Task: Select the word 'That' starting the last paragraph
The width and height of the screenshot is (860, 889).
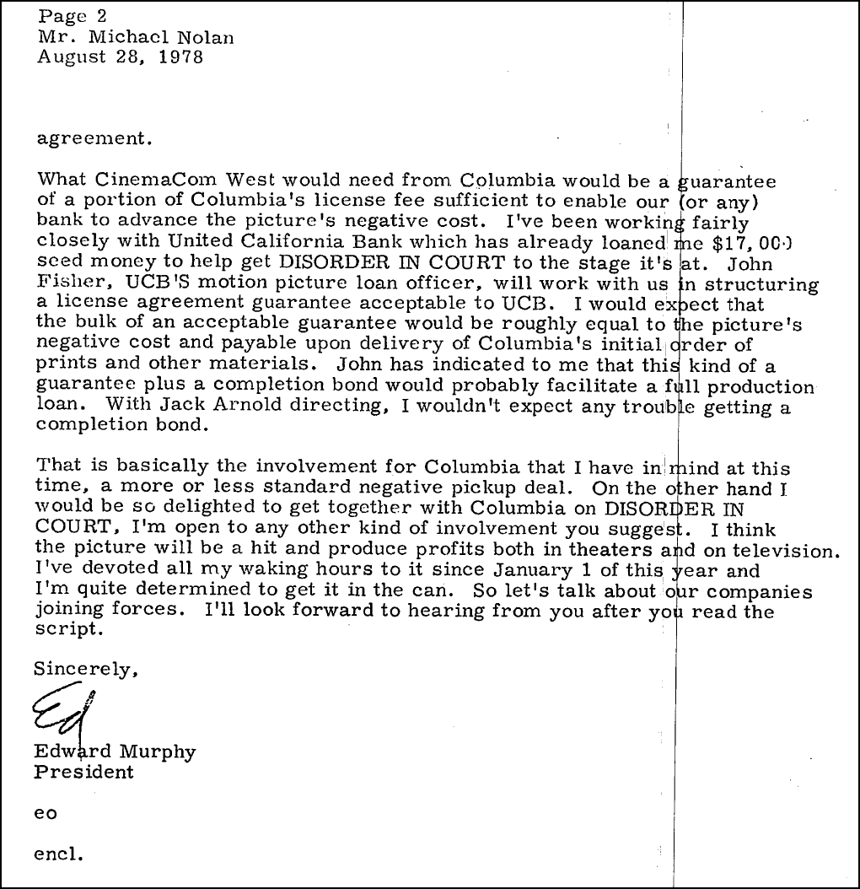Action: coord(57,467)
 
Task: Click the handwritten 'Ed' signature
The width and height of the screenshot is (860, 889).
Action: coord(63,712)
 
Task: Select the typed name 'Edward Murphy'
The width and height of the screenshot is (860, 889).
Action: coord(114,751)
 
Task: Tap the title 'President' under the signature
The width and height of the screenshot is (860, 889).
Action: coord(83,771)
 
